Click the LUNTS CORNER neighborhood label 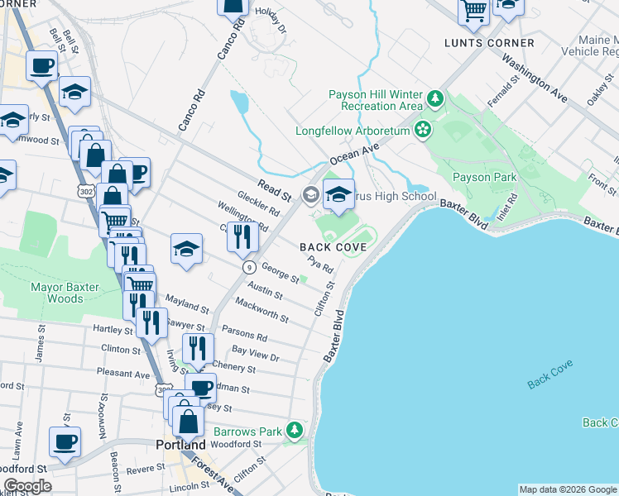point(489,43)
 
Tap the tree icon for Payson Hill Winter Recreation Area point(435,102)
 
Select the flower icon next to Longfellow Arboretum point(423,130)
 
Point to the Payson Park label point(484,177)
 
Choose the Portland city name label point(180,445)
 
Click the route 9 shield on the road point(247,267)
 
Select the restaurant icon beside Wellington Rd point(242,237)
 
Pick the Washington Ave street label point(534,79)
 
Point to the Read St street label point(274,191)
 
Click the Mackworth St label point(262,311)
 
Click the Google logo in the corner point(27,486)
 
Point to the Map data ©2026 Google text point(568,489)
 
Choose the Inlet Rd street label point(511,204)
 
